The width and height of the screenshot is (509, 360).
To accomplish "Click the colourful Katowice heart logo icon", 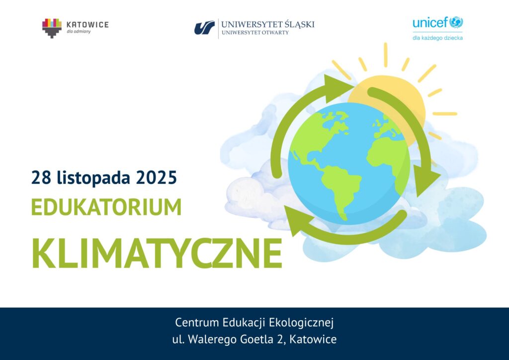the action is [52, 28].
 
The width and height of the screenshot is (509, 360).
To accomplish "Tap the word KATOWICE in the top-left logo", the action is [87, 25].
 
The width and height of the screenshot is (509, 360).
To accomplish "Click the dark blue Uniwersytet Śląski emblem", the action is [204, 27].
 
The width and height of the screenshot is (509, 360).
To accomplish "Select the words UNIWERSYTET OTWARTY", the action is [255, 32].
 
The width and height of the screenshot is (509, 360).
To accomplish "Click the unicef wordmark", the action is [430, 23].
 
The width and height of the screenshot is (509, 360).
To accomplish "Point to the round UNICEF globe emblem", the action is [456, 22].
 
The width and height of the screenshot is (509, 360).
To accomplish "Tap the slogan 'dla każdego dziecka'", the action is [437, 38].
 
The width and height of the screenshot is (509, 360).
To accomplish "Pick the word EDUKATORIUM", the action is [106, 207].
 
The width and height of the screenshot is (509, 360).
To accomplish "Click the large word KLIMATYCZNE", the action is [157, 253].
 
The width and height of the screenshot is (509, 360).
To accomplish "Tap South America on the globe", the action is [341, 190].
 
